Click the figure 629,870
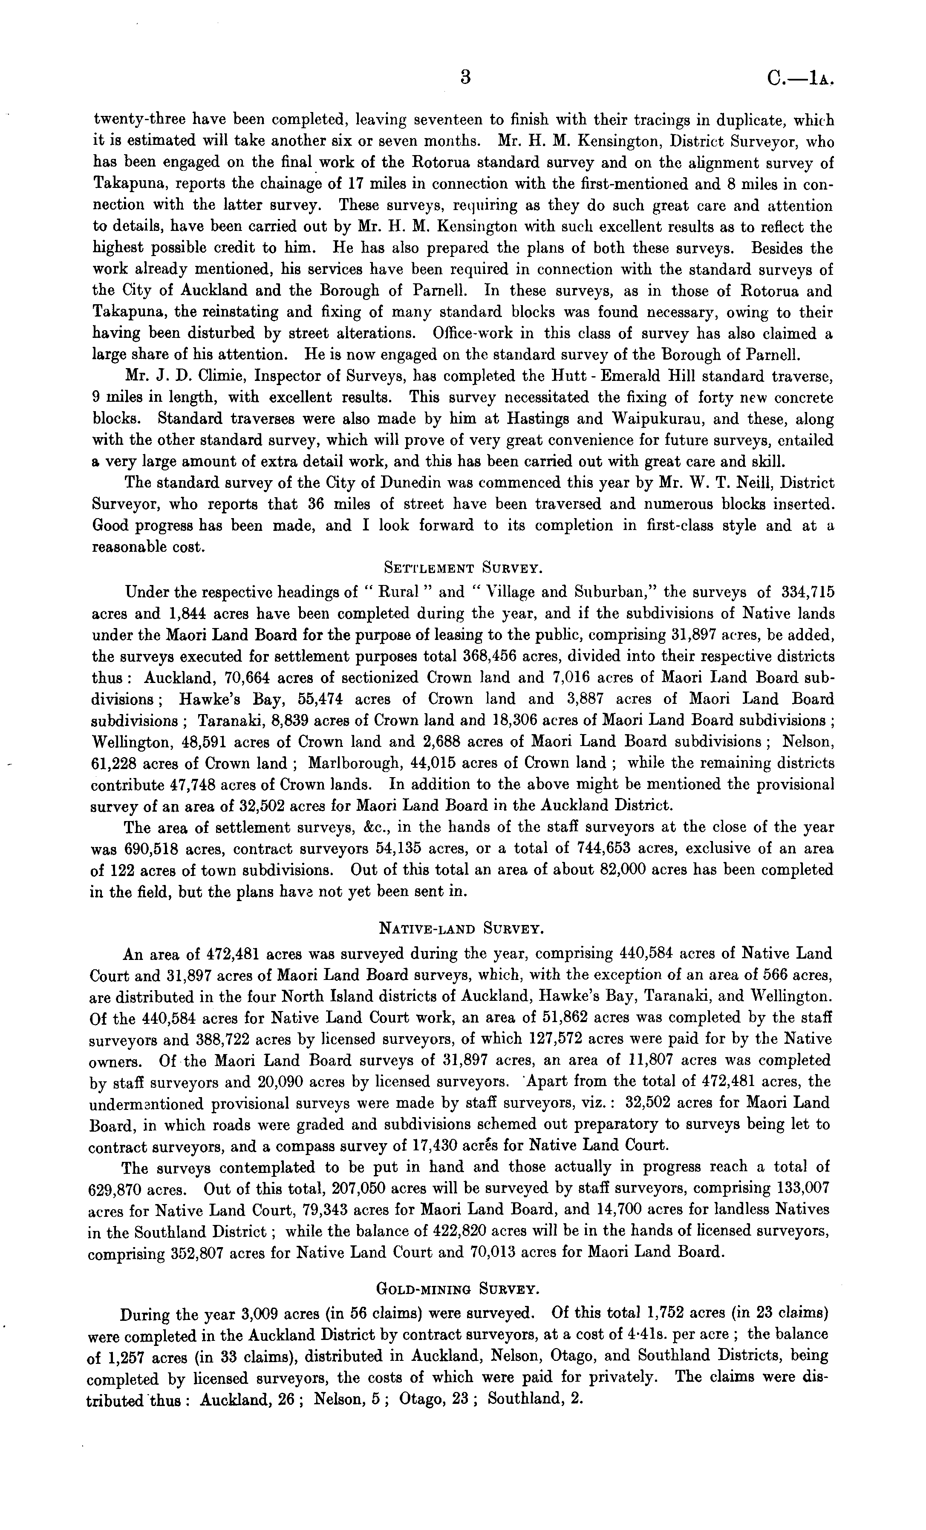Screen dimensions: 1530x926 coord(118,1190)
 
